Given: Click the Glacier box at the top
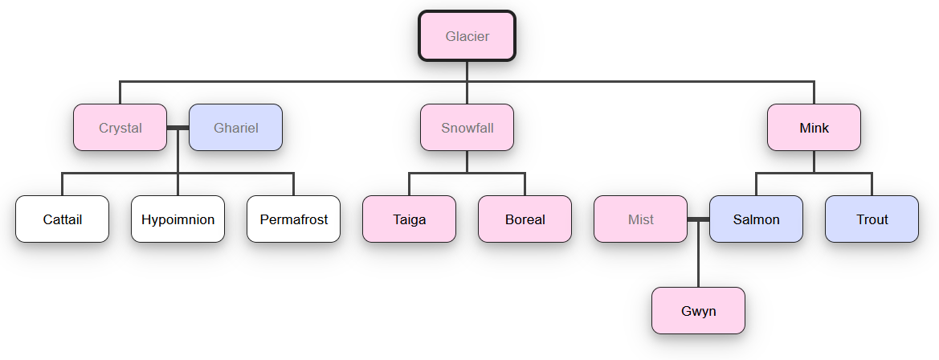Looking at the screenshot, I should pos(467,36).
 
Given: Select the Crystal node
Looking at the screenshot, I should pos(120,128).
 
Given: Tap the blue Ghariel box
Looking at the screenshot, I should pos(235,128).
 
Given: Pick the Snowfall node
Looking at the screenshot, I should pos(467,128).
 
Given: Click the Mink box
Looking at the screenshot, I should pos(814,128).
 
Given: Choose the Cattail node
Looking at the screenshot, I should pos(62,219).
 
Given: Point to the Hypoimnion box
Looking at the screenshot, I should pos(178,219).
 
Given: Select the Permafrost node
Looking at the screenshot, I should pos(293,219).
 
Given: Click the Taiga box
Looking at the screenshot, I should pos(409,219).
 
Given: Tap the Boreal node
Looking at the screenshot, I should pos(525,219).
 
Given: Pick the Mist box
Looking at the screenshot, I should pos(640,219).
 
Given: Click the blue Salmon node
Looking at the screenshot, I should pos(756,219).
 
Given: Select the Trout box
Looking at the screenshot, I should pos(872,219).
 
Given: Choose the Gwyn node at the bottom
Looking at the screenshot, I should pos(698,311).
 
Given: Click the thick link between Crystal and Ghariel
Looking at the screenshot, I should pos(178,128).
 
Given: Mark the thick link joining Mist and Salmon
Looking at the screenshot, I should pos(698,219).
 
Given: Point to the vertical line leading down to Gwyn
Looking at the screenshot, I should pos(698,257).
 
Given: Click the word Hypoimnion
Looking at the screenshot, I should pos(178,219).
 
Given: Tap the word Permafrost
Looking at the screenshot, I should pos(293,219).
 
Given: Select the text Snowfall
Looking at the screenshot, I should pos(467,128).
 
